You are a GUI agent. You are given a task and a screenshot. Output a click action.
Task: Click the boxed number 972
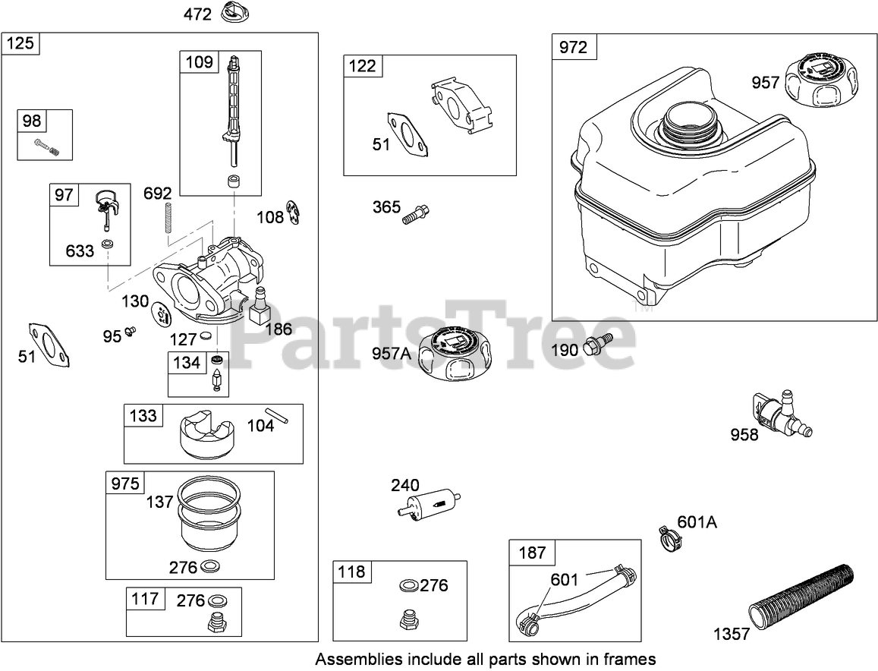click(x=573, y=47)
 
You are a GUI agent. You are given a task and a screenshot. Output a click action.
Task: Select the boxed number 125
click(x=20, y=43)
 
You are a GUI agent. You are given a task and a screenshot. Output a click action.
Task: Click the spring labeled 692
click(x=168, y=222)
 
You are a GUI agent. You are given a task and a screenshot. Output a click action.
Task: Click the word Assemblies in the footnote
click(x=351, y=658)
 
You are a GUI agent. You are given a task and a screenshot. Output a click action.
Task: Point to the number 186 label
click(x=277, y=329)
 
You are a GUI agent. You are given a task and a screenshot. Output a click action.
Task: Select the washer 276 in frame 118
click(x=408, y=586)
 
